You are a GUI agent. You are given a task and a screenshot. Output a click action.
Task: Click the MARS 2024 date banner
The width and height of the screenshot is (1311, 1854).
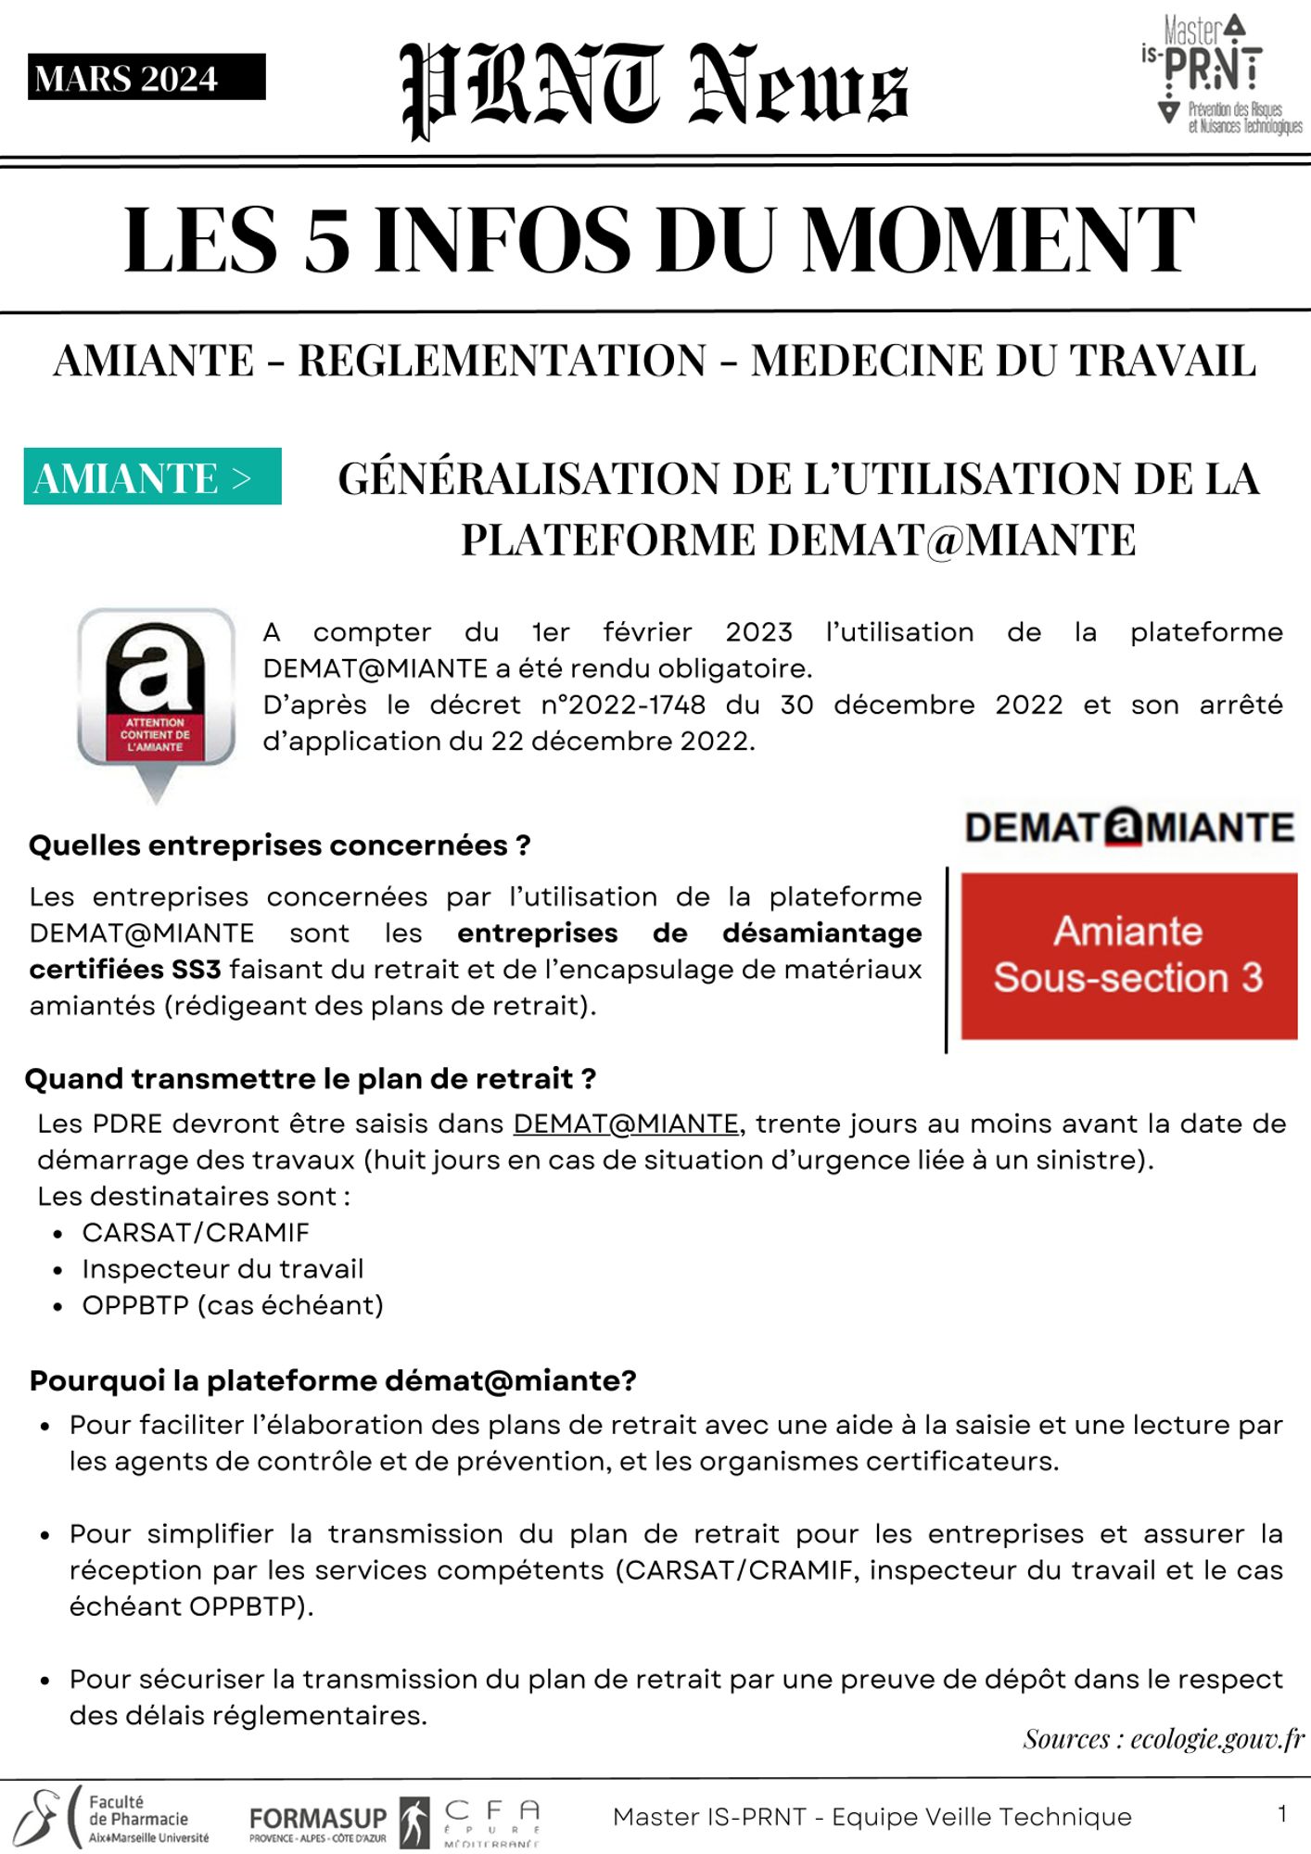click(146, 78)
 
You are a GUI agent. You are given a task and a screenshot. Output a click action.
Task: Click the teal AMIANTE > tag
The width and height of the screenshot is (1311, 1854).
click(153, 477)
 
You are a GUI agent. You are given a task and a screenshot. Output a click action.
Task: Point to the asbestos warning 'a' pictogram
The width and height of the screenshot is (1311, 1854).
click(156, 700)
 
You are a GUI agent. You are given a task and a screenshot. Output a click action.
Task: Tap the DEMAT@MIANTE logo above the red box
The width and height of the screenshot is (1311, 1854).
click(1128, 827)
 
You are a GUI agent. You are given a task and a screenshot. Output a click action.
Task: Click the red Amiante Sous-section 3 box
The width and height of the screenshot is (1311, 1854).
click(1128, 956)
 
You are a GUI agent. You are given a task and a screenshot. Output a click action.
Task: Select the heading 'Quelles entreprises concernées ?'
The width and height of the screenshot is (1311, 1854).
click(279, 845)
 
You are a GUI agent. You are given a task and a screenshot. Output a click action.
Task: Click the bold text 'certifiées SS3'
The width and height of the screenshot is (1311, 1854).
click(125, 970)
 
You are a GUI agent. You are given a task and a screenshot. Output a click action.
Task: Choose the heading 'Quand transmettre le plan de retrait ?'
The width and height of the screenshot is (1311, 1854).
click(310, 1079)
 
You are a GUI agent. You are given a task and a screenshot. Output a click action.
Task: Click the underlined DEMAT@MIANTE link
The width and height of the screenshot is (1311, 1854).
click(626, 1124)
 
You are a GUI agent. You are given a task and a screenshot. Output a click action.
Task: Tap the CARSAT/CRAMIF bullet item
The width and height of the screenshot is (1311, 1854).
click(196, 1233)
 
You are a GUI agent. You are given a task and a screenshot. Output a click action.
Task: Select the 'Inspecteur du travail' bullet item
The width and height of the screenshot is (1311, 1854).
click(223, 1269)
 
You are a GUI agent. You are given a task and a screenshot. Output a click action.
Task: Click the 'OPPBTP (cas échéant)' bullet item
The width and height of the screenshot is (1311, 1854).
click(233, 1305)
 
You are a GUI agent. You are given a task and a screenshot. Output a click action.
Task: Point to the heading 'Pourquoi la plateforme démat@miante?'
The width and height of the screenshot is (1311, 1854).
click(333, 1380)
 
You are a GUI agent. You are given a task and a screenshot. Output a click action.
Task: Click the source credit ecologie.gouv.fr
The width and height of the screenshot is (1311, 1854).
click(1164, 1739)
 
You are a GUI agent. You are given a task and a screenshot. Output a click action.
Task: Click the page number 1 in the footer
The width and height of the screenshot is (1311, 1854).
click(1282, 1814)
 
